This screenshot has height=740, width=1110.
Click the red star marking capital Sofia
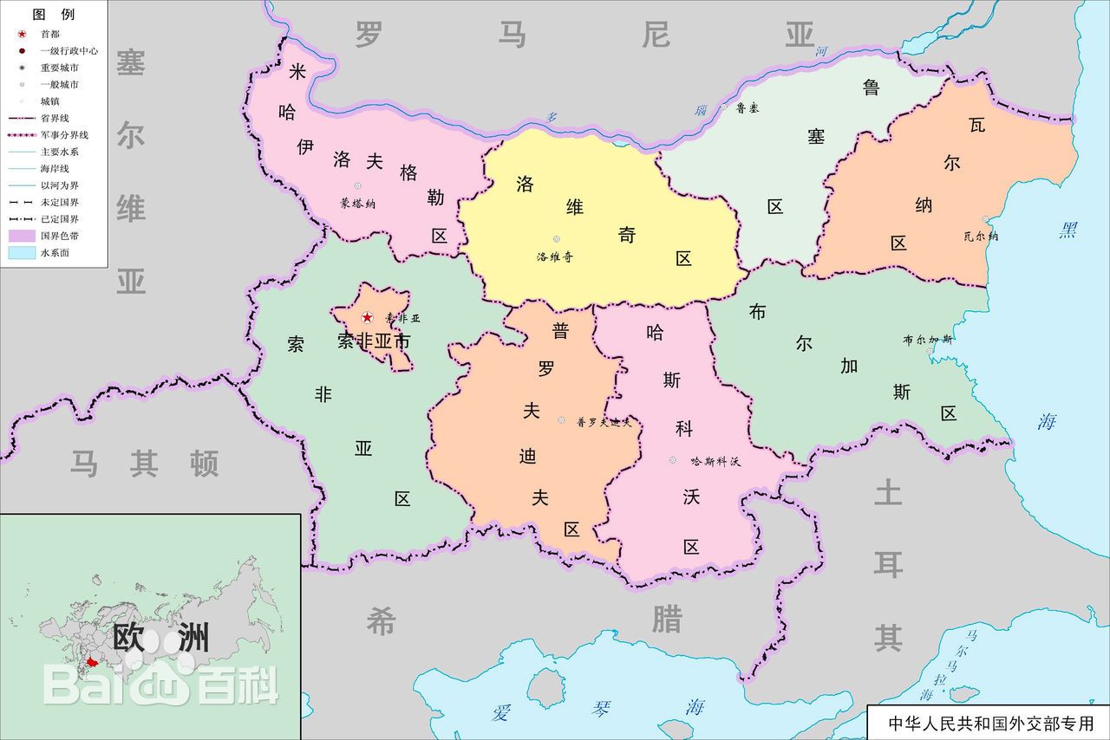tap(367, 318)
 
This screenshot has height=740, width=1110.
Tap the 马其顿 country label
tap(144, 464)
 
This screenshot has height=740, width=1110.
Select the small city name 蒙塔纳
tap(357, 204)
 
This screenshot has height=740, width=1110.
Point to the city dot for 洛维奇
tap(556, 239)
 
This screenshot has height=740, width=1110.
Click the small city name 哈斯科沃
tap(715, 462)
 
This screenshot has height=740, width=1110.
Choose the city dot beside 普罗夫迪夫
tap(561, 420)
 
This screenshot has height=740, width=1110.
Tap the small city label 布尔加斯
tap(927, 340)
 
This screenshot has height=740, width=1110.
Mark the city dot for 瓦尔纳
tap(985, 219)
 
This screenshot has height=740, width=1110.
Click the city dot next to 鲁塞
tap(724, 107)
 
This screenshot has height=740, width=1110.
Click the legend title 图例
tap(53, 15)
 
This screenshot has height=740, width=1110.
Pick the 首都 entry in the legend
tap(50, 34)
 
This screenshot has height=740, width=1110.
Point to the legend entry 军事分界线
tap(63, 135)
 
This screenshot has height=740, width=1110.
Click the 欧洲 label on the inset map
tap(160, 639)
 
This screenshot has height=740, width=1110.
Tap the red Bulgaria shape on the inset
tap(92, 662)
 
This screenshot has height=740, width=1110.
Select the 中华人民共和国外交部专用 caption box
tap(989, 723)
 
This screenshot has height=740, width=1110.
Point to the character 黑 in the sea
tap(1068, 230)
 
